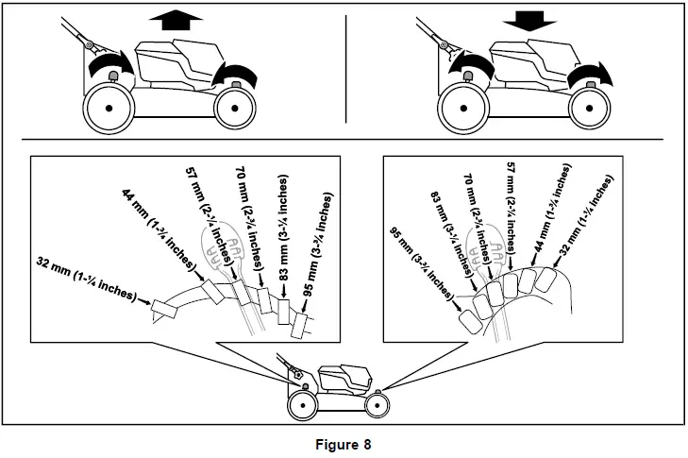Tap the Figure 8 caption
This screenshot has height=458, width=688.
click(x=344, y=441)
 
